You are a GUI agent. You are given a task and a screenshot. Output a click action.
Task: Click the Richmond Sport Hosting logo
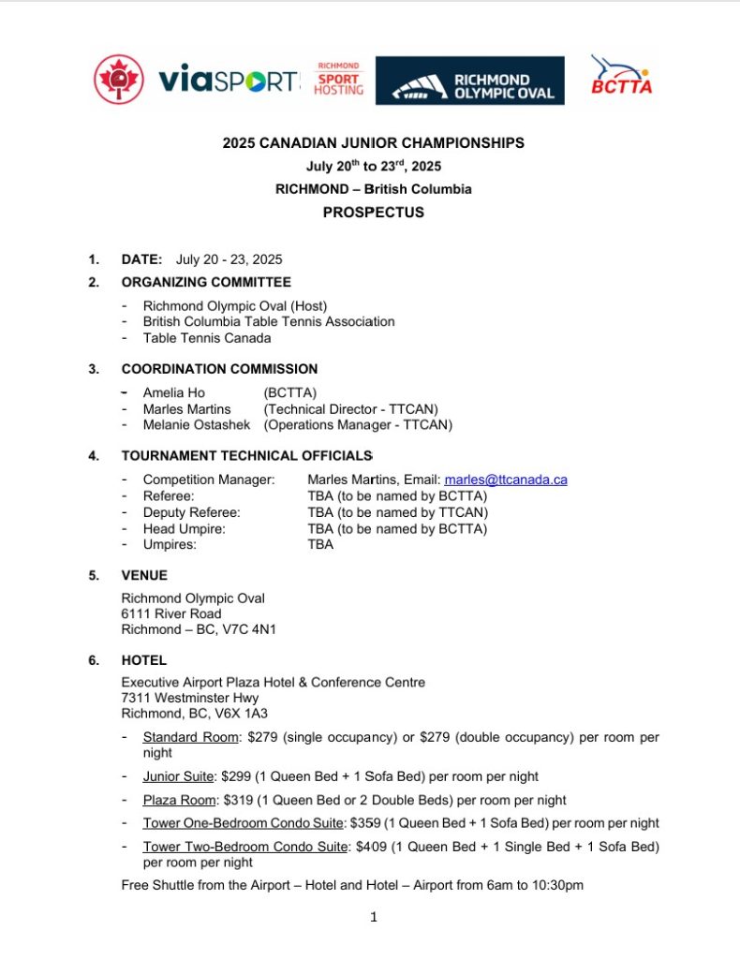[339, 80]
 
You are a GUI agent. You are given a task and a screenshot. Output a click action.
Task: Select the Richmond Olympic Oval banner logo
[470, 81]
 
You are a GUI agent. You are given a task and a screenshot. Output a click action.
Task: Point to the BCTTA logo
[621, 76]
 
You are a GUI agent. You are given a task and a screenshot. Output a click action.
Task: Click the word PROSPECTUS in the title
[373, 213]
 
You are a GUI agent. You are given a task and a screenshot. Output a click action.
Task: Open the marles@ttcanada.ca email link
[506, 479]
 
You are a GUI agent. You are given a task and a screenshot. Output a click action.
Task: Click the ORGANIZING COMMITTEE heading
[206, 282]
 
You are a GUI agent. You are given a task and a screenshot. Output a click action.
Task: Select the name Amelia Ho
[173, 393]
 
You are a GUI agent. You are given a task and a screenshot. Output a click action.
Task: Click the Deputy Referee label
[191, 512]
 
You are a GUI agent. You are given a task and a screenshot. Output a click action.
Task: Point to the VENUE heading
[144, 576]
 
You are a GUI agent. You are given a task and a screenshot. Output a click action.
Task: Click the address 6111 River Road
[171, 614]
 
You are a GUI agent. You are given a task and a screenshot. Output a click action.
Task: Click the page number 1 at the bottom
[373, 918]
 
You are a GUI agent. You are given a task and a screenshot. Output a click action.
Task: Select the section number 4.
[94, 456]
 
